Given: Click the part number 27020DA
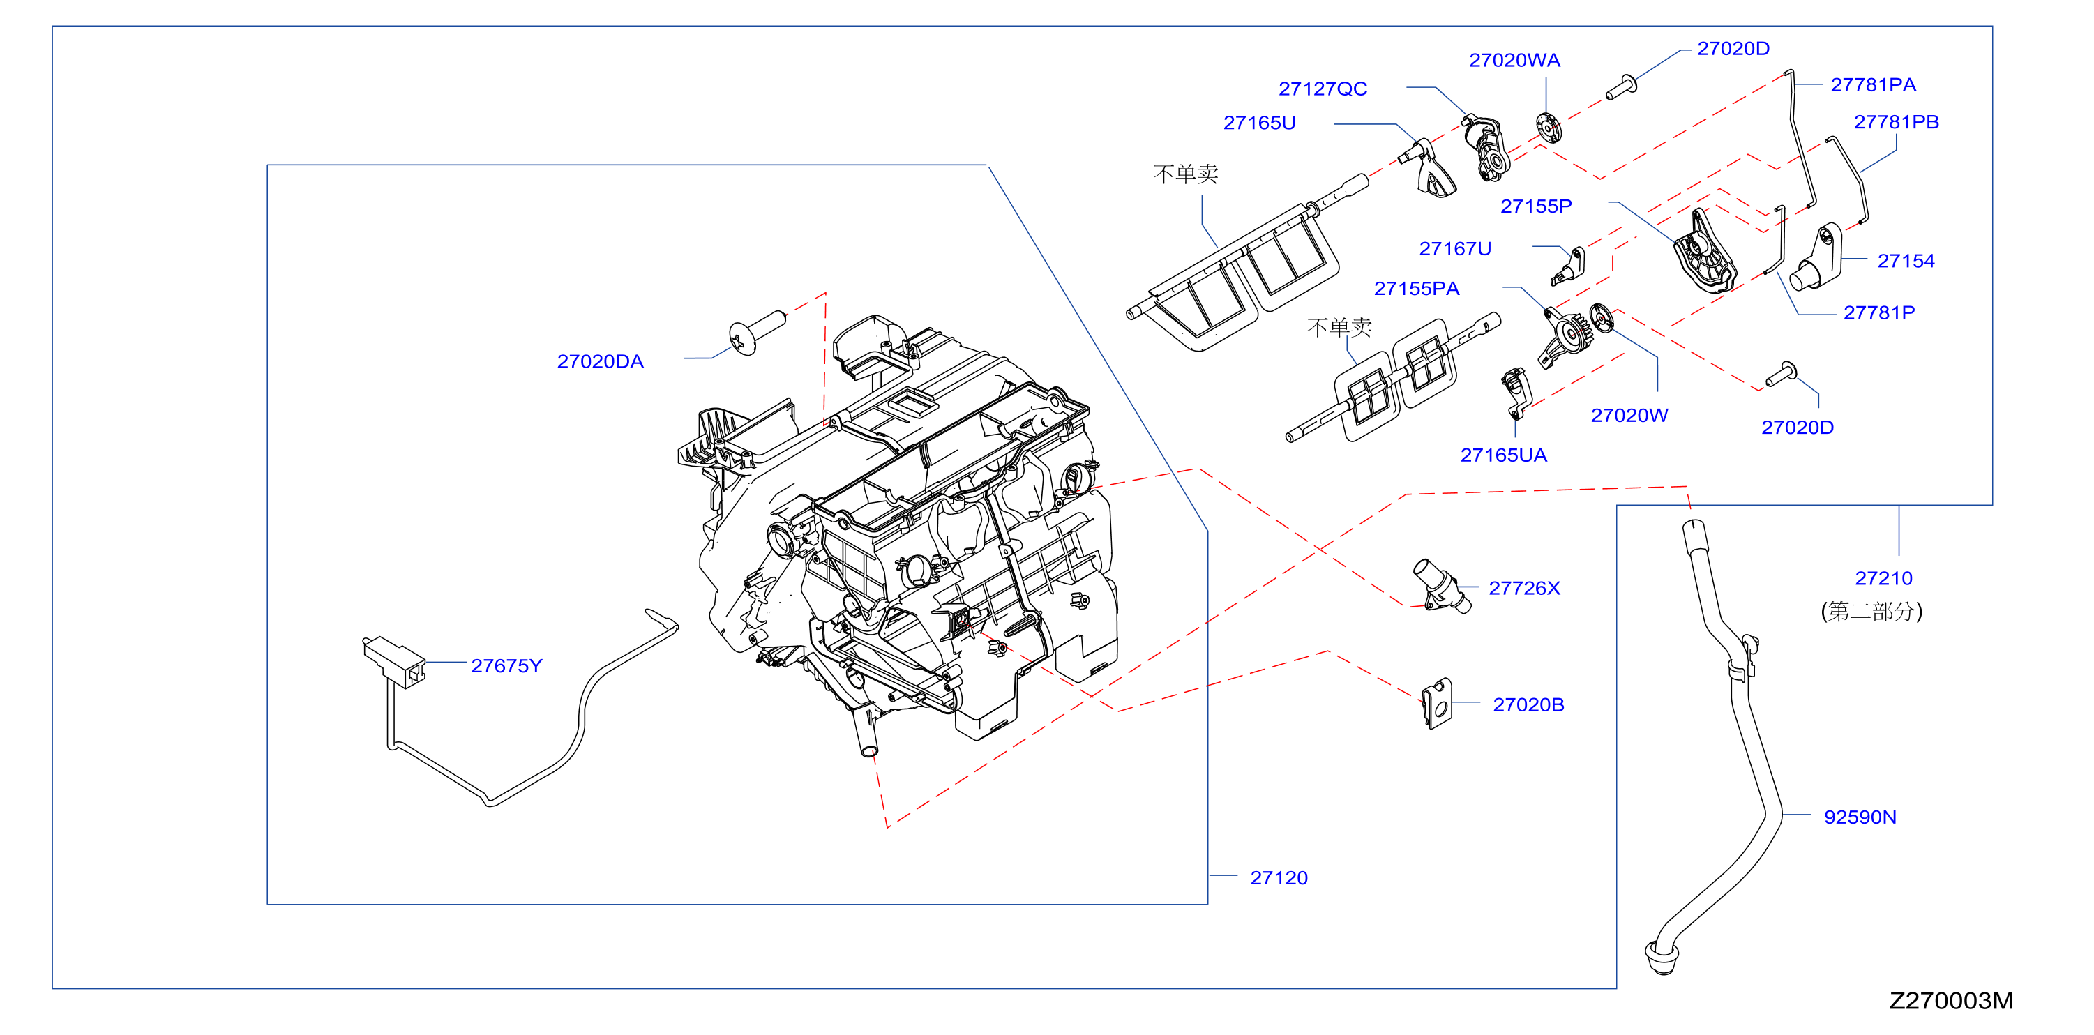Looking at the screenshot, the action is (x=600, y=362).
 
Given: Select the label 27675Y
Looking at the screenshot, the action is (x=506, y=666).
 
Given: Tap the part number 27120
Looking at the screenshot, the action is (x=1279, y=878).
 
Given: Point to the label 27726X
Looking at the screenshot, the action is (x=1524, y=588).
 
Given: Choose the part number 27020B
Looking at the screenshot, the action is (x=1528, y=705).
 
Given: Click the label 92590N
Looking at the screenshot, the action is (x=1860, y=817).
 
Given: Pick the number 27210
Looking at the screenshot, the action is (x=1883, y=578).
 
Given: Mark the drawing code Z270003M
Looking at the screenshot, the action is (x=1951, y=1001).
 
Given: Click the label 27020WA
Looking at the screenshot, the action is (x=1514, y=60).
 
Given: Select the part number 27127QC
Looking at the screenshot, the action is (x=1323, y=89).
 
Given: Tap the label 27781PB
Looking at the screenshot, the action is (x=1896, y=122).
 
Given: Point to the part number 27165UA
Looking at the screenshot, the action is (x=1503, y=455).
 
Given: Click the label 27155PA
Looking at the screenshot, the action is (x=1416, y=289).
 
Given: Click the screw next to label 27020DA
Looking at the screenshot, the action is (x=757, y=333).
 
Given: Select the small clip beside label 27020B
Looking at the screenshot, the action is (x=1436, y=704).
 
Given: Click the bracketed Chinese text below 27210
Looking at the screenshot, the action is (x=1871, y=612).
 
